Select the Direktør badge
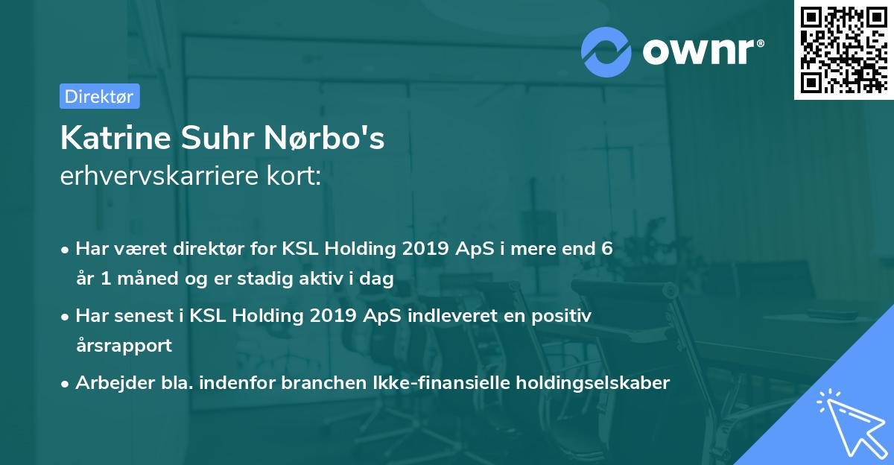pyautogui.click(x=99, y=96)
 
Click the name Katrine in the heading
pyautogui.click(x=107, y=139)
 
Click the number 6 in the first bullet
pyautogui.click(x=607, y=249)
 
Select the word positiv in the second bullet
pyautogui.click(x=562, y=316)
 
